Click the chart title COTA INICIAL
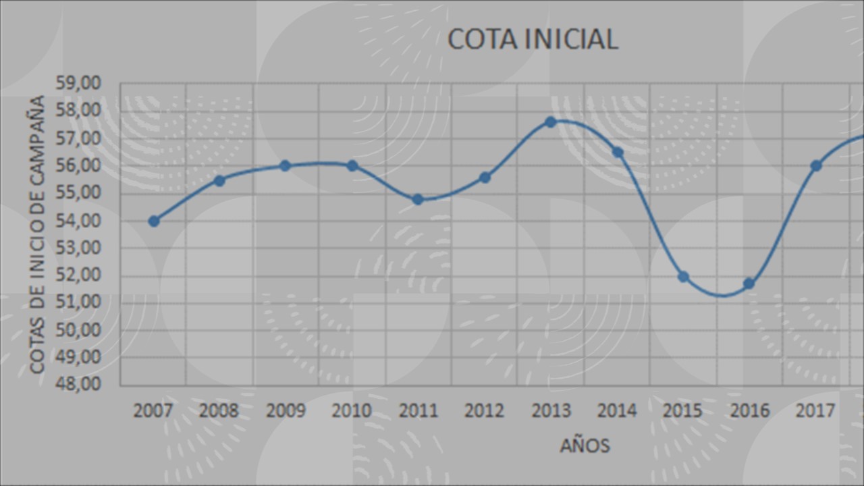point(533,39)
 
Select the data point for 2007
point(154,221)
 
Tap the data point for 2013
point(551,122)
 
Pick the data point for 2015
point(683,277)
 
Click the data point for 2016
point(749,283)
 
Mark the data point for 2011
point(418,199)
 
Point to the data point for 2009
point(285,165)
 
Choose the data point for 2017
point(815,165)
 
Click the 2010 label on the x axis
point(352,410)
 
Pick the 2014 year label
point(617,410)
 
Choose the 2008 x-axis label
point(219,410)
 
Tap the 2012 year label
point(485,410)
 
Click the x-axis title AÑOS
point(585,446)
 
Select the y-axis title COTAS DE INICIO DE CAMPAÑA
point(38,234)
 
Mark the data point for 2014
point(617,152)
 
